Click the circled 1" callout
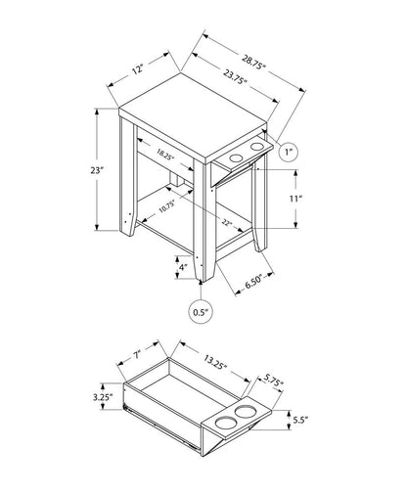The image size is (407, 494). click(x=291, y=153)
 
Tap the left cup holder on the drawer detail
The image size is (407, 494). click(x=224, y=423)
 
